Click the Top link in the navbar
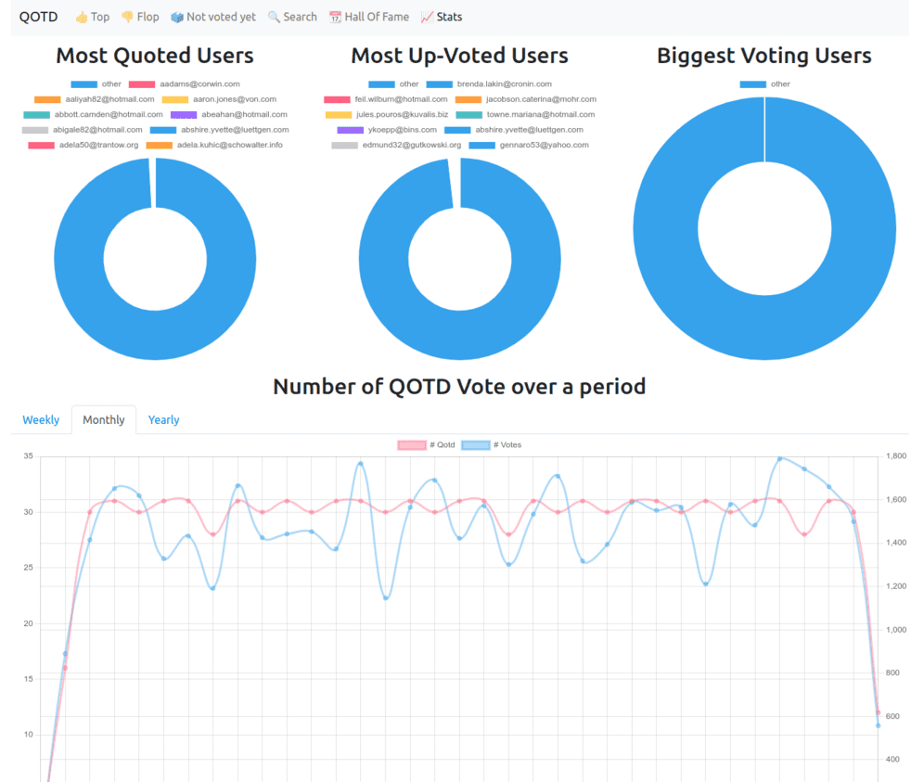coord(92,17)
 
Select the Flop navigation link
coord(140,17)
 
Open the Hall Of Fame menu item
coord(368,17)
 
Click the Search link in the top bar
coord(292,17)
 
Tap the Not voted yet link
coord(213,17)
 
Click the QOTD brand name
coord(37,17)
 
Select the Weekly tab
coord(41,420)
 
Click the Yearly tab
coord(163,420)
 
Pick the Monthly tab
coord(103,420)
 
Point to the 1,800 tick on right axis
coord(896,456)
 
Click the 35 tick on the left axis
coord(28,456)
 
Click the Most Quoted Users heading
coord(155,56)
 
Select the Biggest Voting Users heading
coord(764,56)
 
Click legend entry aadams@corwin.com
coord(186,84)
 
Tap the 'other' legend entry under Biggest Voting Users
coord(765,84)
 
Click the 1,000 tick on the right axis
coord(896,630)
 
